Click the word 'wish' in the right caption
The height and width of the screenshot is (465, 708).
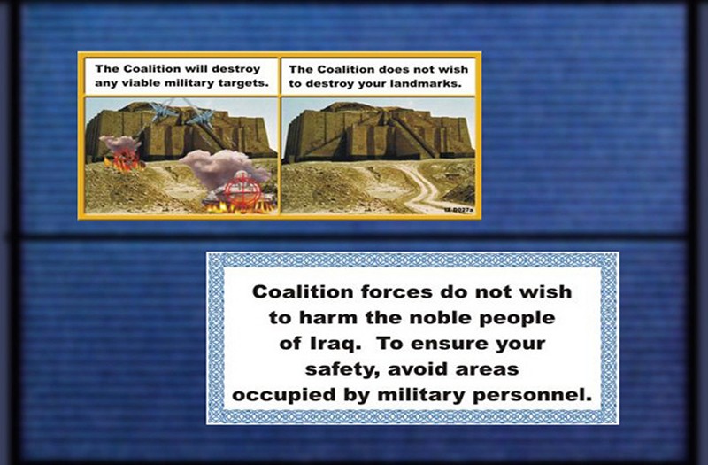[454, 69]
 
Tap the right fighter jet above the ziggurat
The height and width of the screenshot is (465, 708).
[201, 119]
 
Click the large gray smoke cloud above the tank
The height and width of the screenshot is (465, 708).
[221, 168]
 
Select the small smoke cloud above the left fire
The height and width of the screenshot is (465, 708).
[119, 143]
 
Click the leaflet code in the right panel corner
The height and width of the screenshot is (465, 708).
[458, 210]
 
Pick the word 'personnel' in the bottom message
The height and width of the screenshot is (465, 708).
[533, 396]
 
